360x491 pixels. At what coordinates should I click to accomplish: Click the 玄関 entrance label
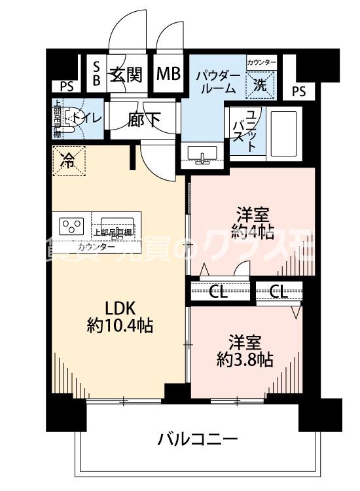coord(126,74)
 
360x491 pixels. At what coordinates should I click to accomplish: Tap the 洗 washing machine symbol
coord(260,84)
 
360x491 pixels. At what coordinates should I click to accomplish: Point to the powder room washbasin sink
coord(204,153)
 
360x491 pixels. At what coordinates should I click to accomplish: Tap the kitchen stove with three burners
coord(72,227)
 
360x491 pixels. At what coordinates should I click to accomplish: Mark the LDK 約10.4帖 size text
coord(120,318)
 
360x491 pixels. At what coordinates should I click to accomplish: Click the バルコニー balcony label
coord(197,439)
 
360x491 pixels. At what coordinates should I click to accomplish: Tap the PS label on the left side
coord(67,85)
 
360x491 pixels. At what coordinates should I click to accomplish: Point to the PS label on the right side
coord(298,92)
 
